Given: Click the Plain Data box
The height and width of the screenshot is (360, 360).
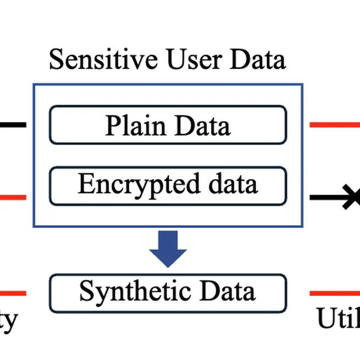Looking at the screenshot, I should click(168, 125).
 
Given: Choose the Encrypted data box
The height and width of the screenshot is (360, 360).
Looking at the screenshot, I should click(168, 185).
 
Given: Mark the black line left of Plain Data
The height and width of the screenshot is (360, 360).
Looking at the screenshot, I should click(12, 125).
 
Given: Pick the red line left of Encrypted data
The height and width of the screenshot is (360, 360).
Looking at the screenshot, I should click(12, 197).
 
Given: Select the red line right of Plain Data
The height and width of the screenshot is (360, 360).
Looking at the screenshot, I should click(334, 125).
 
